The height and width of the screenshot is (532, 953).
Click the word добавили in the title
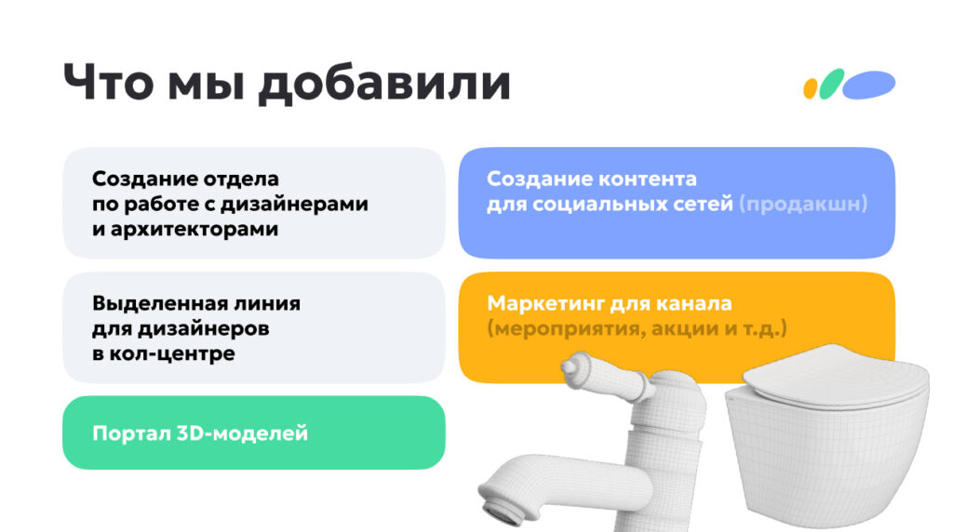(x=383, y=83)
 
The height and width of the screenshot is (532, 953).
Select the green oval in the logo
(x=831, y=84)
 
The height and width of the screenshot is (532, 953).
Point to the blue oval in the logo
(x=869, y=85)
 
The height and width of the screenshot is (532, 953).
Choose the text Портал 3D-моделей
(x=199, y=433)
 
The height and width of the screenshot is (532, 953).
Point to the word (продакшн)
(x=803, y=204)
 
